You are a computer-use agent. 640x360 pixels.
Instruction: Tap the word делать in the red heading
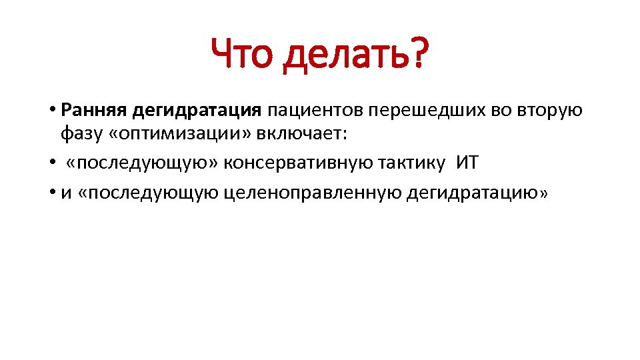(x=345, y=57)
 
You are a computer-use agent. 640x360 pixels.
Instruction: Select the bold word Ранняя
(x=92, y=109)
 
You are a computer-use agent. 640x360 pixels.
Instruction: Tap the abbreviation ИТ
(x=468, y=163)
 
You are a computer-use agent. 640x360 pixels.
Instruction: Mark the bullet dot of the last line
(x=51, y=193)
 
